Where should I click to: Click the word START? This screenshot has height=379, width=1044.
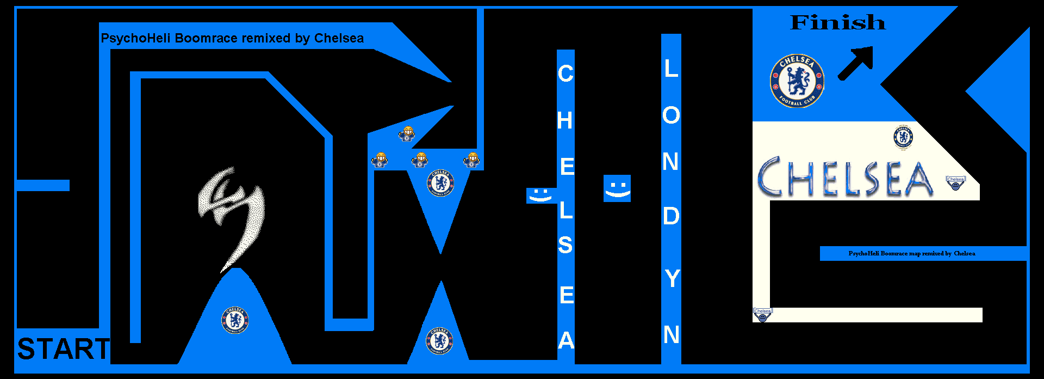63,349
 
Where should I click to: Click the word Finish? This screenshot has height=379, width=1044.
837,23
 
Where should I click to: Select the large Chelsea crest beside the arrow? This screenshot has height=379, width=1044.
797,81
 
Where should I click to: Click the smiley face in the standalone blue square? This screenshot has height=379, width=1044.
617,188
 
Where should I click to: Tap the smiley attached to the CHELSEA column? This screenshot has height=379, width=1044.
540,195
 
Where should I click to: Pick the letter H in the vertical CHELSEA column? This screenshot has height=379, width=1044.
565,120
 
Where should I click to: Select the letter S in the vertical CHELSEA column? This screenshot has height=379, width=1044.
565,245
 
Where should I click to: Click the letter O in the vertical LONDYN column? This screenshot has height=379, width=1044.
671,115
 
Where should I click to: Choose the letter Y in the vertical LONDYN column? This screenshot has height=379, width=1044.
672,279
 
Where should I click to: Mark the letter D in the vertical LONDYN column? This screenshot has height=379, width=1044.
671,216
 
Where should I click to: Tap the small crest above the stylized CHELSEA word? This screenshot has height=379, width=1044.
903,137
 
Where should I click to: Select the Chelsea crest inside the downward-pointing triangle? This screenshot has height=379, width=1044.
440,183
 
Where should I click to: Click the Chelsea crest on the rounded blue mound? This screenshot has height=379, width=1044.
235,320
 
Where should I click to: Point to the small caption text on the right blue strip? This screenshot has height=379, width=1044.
911,253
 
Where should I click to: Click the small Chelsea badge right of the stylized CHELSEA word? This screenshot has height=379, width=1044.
955,182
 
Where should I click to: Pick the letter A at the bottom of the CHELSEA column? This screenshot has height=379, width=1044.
566,340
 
